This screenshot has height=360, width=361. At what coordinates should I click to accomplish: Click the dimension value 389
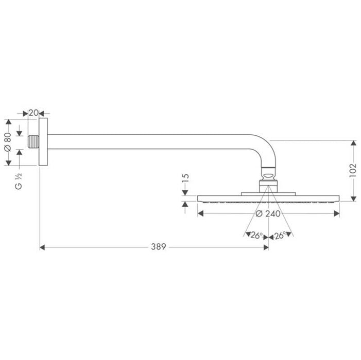pyautogui.click(x=158, y=247)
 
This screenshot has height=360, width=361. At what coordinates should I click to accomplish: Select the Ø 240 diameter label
pyautogui.click(x=268, y=214)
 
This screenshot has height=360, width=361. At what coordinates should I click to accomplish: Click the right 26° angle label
pyautogui.click(x=280, y=236)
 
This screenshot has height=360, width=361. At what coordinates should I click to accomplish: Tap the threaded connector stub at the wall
pyautogui.click(x=34, y=142)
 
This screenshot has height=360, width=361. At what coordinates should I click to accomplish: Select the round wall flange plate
pyautogui.click(x=44, y=142)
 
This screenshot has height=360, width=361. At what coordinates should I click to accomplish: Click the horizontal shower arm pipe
pyautogui.click(x=154, y=142)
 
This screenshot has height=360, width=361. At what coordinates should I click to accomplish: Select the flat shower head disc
pyautogui.click(x=268, y=198)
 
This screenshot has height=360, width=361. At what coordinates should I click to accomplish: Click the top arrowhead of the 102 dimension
pyautogui.click(x=353, y=143)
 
